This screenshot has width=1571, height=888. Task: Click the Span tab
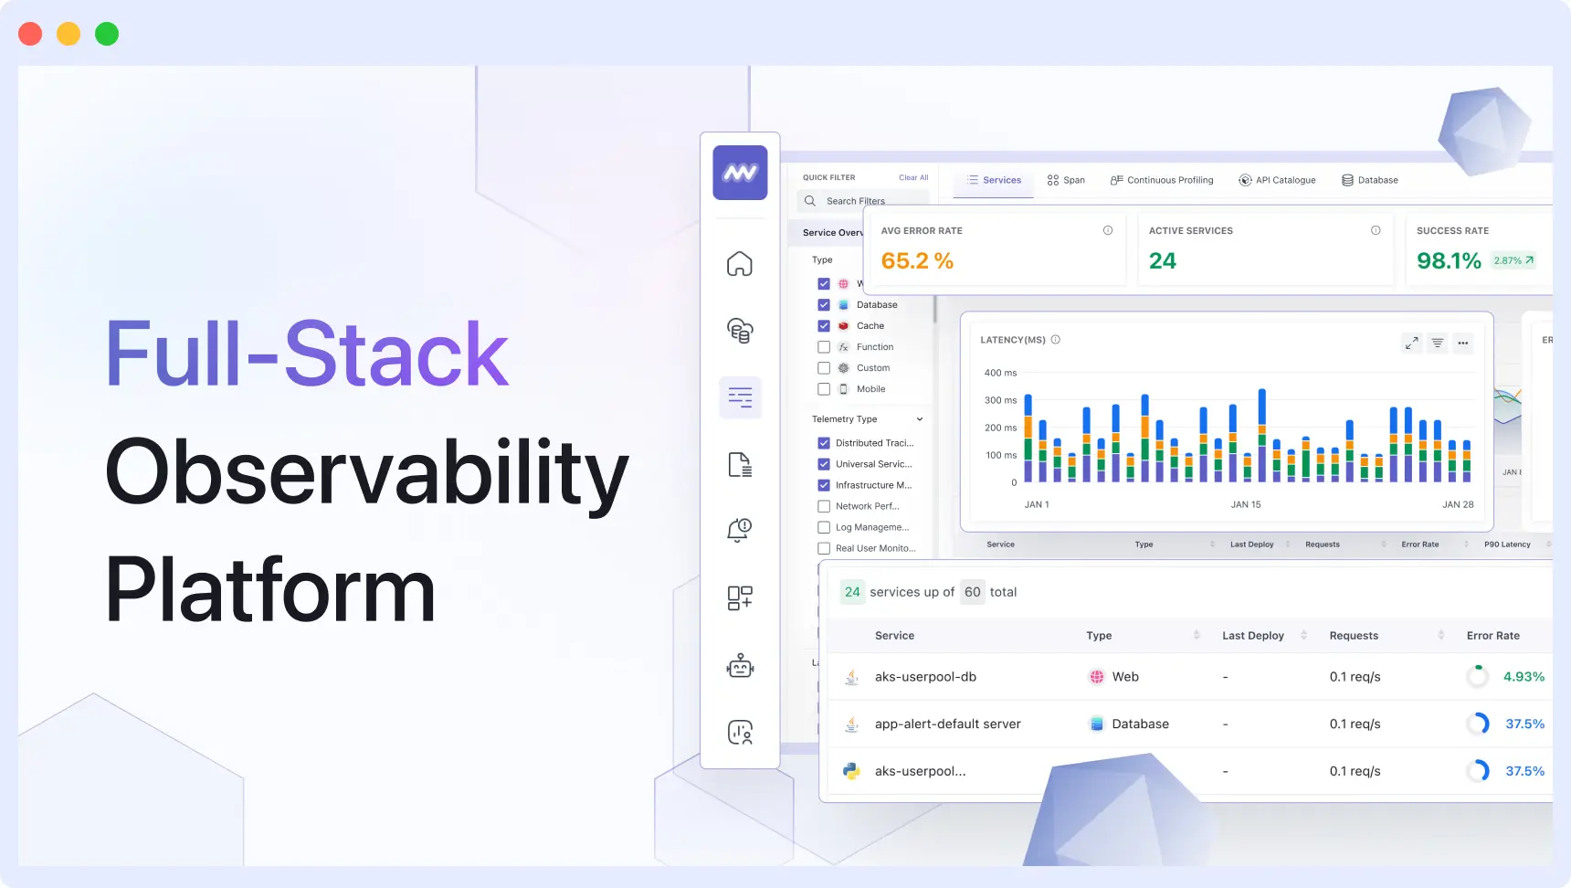(1066, 180)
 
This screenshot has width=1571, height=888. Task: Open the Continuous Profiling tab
(1162, 180)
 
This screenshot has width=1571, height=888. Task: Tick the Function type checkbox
(824, 347)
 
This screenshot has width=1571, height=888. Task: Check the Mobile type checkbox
(824, 389)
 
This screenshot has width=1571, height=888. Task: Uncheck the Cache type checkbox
(824, 326)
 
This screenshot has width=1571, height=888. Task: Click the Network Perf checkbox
(824, 506)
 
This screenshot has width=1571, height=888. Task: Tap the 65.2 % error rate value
(917, 261)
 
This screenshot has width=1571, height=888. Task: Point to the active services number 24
(1162, 261)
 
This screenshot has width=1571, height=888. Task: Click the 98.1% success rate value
(1449, 261)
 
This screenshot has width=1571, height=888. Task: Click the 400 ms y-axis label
(1000, 373)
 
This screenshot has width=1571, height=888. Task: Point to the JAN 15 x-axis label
(1245, 504)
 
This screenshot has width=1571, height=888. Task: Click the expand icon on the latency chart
(1411, 344)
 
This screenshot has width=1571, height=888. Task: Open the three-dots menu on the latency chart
(1463, 344)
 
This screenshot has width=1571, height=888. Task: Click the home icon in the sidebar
(740, 264)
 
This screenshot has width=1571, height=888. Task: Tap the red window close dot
(30, 34)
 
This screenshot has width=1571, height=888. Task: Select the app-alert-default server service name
(947, 724)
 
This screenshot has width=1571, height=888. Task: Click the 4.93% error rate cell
(1524, 677)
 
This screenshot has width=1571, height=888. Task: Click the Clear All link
(912, 178)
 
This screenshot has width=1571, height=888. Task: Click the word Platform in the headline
(270, 591)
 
